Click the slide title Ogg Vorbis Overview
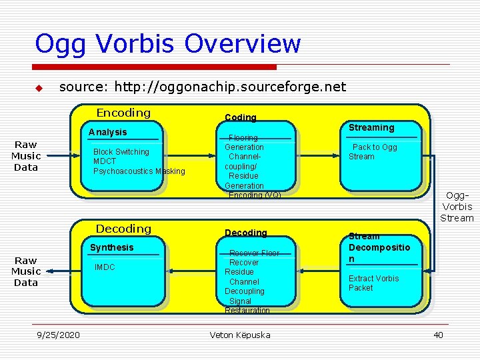[168, 44]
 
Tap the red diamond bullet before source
[39, 88]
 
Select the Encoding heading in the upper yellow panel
[123, 113]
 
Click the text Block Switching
[121, 152]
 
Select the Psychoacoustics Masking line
[139, 171]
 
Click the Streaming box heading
[371, 127]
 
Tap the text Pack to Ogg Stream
[373, 152]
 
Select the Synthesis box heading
[111, 247]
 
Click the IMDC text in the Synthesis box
[104, 267]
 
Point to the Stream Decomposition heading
[376, 247]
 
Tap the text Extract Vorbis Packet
[373, 283]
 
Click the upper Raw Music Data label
[26, 156]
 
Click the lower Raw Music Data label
[26, 271]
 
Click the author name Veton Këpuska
[240, 335]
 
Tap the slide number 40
[438, 335]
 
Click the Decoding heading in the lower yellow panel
[123, 229]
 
